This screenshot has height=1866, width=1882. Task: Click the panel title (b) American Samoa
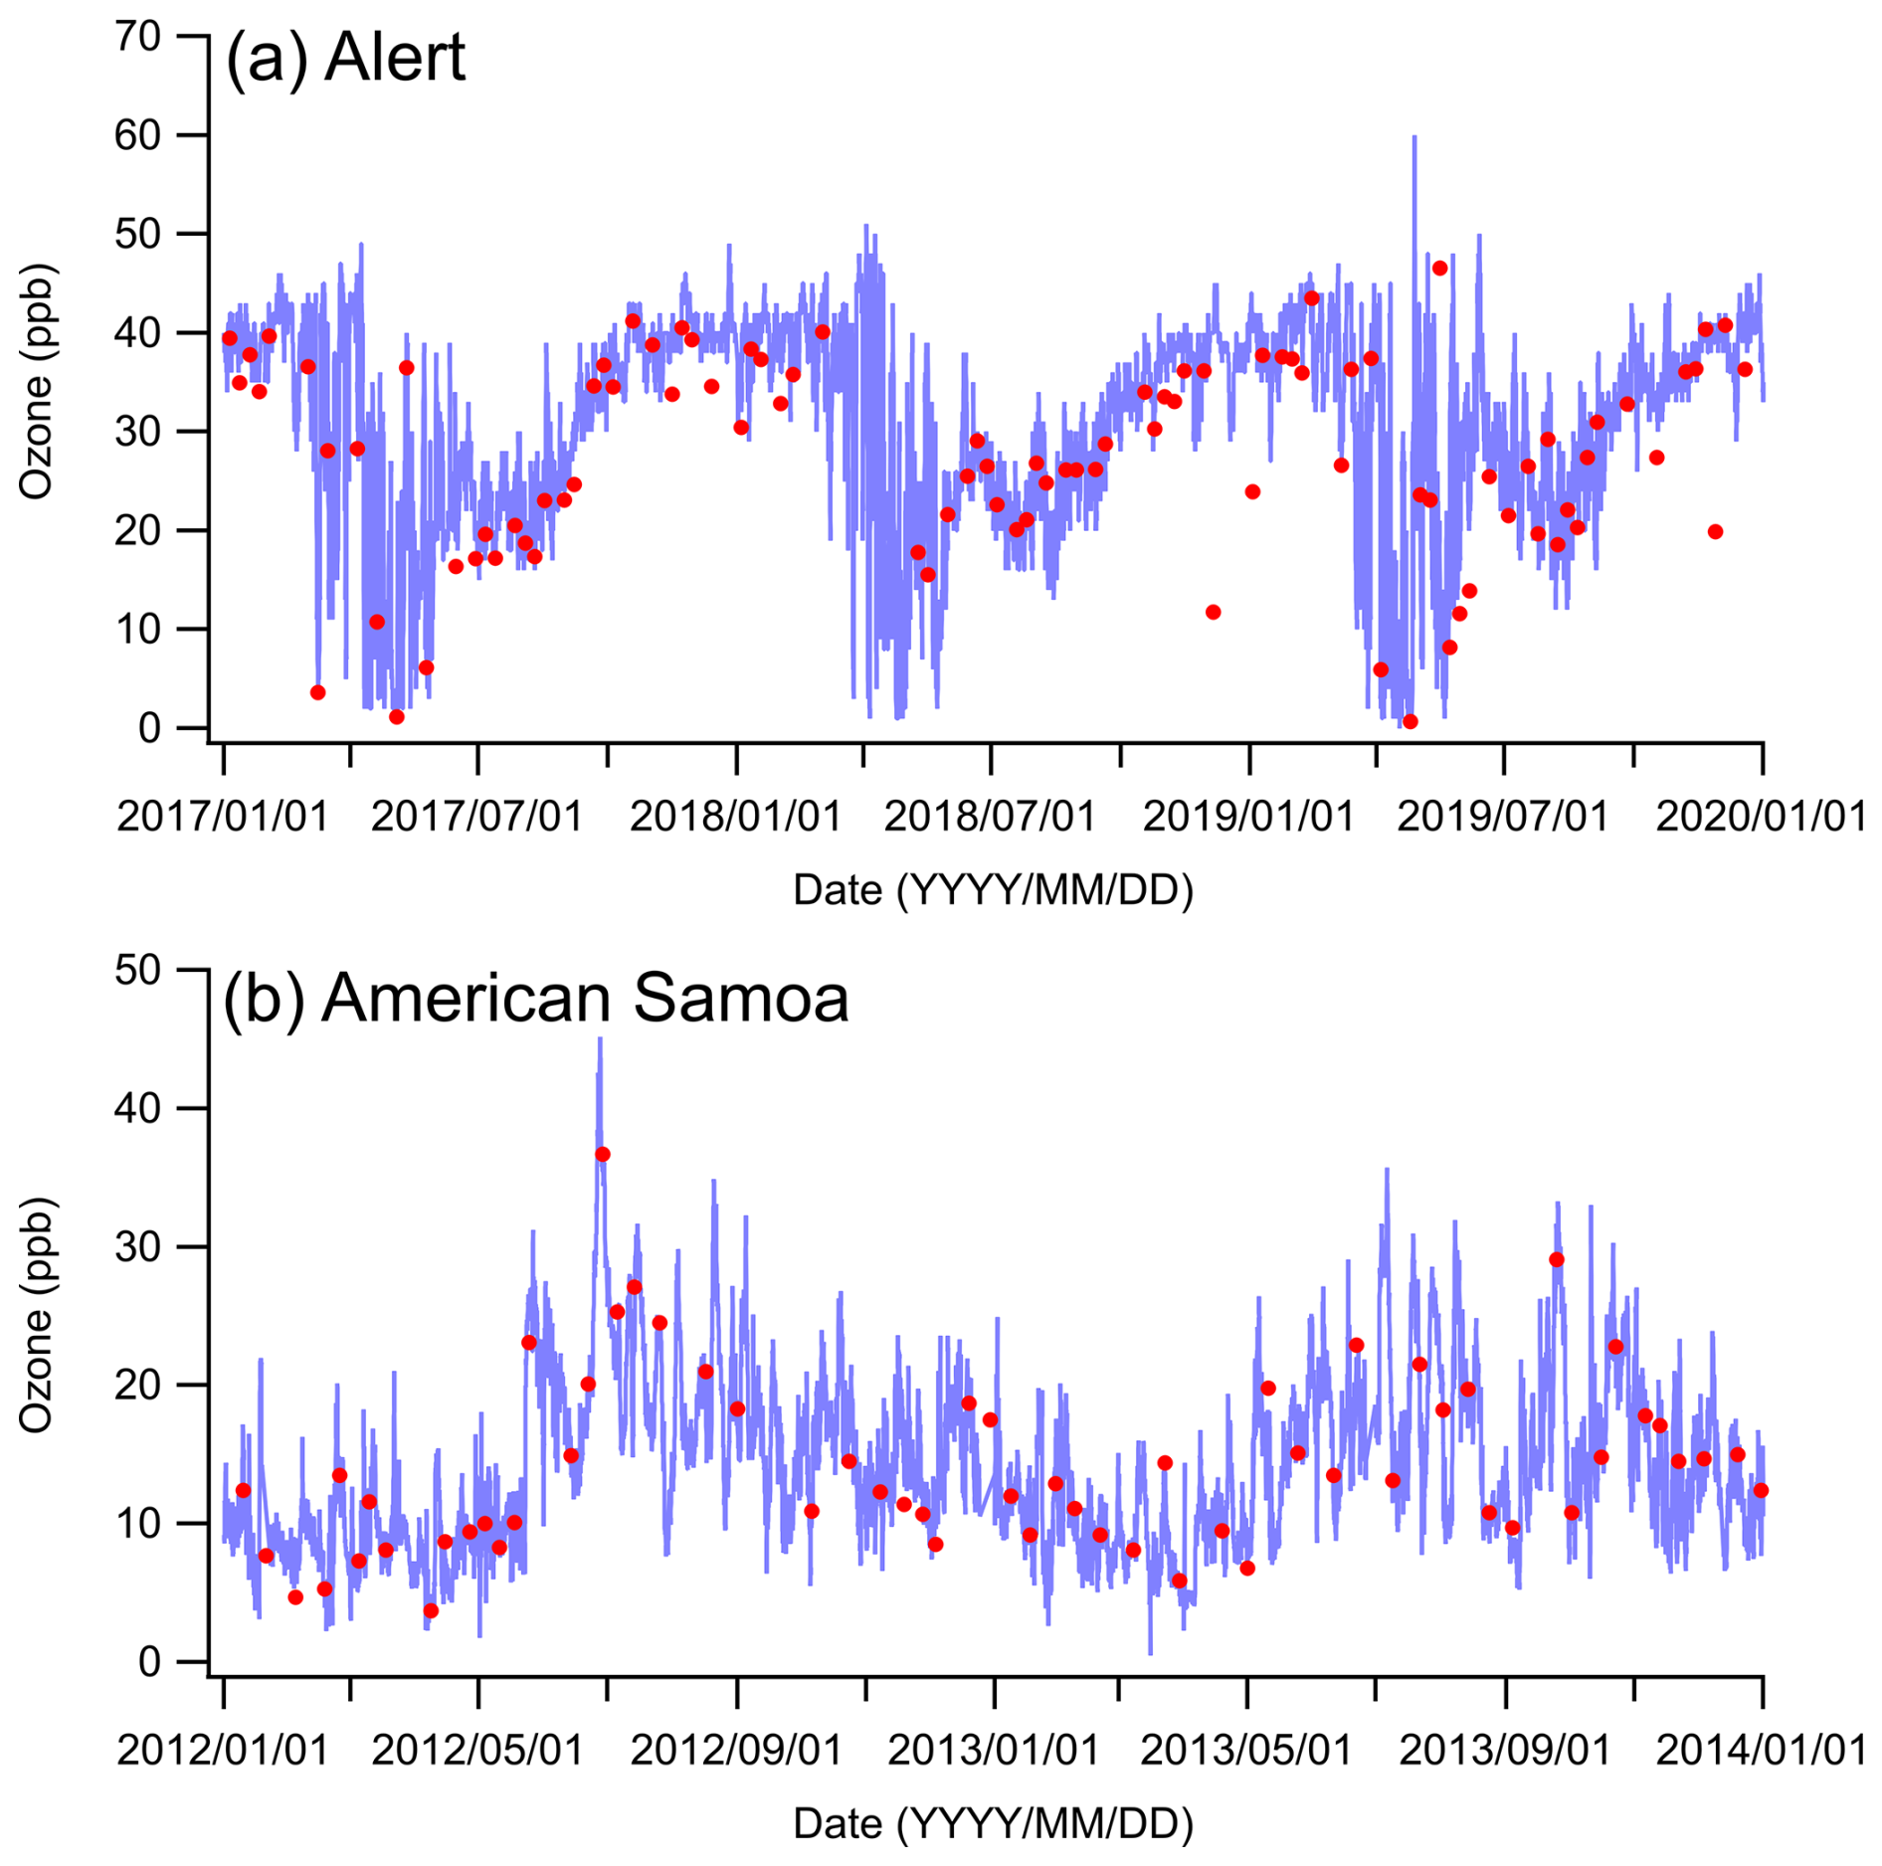535,998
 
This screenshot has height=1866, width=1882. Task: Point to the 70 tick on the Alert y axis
137,37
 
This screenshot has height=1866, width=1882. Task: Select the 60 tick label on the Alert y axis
137,135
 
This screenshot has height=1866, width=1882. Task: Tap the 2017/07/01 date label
476,817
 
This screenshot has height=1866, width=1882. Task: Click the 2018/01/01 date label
735,817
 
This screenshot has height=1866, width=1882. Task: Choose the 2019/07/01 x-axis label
1503,817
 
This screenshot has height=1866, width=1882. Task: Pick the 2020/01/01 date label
1761,817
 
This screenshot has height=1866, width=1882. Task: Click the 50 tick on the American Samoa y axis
137,970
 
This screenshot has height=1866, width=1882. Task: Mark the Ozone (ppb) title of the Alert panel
36,382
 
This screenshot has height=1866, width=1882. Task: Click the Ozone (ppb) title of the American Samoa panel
36,1315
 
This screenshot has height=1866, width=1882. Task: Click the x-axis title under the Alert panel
993,890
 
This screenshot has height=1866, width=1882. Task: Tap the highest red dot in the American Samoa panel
602,1154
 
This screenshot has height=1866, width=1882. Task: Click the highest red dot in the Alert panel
1439,269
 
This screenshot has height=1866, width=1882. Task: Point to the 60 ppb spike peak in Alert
1413,138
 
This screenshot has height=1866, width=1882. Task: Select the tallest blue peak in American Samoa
600,1040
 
